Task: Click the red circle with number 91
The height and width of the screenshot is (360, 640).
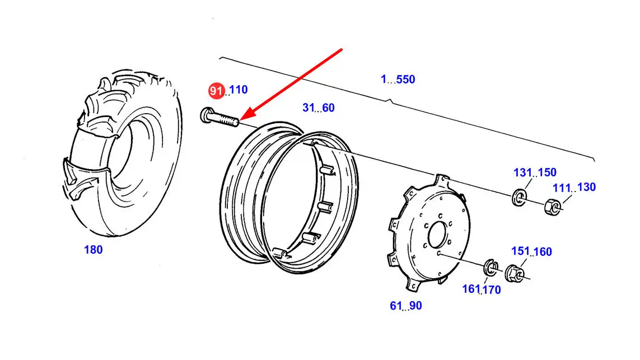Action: [216, 91]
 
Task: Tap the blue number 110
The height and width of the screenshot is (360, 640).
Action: [239, 90]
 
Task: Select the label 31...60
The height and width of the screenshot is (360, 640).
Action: [319, 107]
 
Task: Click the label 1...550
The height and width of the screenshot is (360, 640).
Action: [398, 79]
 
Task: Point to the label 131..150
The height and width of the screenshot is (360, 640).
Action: [535, 172]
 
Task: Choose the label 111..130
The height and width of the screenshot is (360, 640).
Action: [574, 188]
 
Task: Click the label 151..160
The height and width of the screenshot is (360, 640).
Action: [532, 251]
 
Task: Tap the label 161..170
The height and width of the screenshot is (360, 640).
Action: [481, 289]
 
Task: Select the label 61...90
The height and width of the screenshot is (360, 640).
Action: [406, 306]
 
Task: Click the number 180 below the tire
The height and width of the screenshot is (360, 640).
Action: [93, 250]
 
